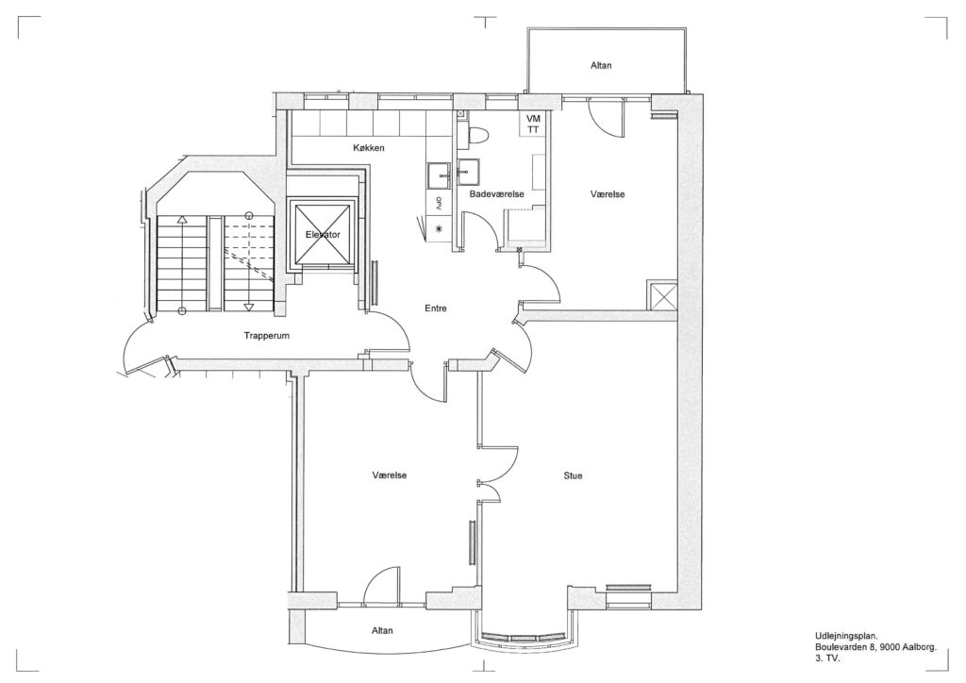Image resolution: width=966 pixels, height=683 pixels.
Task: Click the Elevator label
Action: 323,235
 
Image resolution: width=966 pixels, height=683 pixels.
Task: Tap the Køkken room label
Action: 369,148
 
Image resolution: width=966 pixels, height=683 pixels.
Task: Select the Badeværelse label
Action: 496,194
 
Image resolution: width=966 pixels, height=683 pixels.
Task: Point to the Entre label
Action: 436,308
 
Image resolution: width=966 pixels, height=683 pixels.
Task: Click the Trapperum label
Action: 266,336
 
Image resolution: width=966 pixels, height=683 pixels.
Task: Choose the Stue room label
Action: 573,475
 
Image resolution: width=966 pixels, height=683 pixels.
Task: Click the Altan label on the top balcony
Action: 601,65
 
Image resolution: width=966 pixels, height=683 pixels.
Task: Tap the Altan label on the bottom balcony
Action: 382,631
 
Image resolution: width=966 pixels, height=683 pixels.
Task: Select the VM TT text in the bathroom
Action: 533,124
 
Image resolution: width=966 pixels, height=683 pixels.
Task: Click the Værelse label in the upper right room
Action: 608,194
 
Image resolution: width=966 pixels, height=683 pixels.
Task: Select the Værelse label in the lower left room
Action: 390,475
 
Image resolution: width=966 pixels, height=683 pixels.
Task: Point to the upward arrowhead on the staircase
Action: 182,219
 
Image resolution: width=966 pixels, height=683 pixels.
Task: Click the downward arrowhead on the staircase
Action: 249,307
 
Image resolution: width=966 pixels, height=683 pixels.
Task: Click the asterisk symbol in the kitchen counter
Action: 440,228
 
